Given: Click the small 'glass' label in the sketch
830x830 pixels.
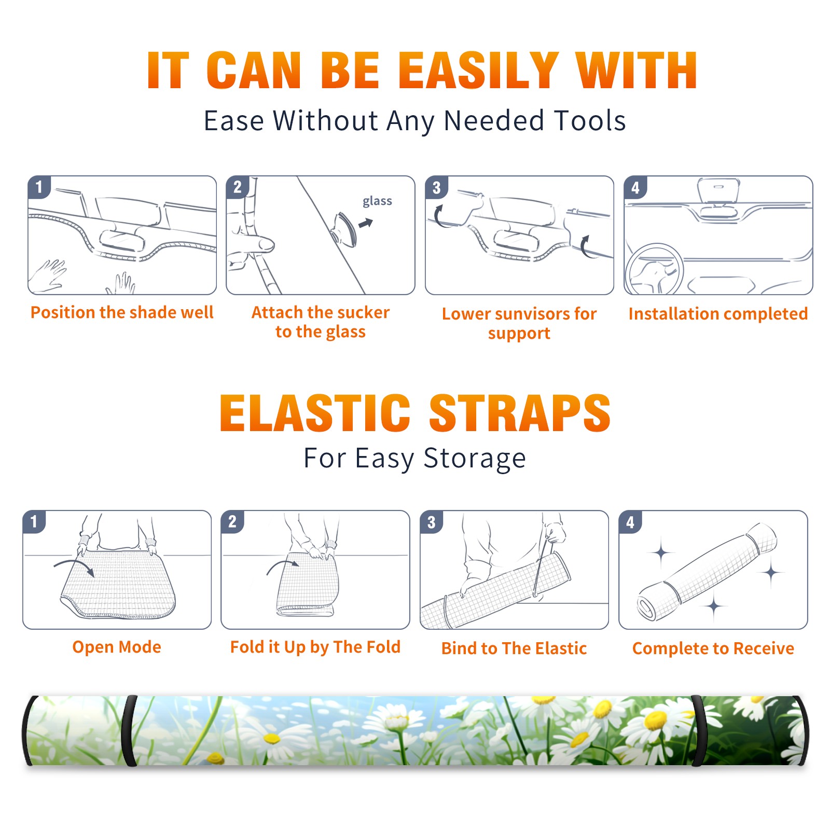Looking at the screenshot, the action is pos(377,201).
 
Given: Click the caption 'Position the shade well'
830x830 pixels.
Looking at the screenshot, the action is pos(122,312).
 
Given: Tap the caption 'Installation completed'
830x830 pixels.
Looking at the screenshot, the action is pos(718,314).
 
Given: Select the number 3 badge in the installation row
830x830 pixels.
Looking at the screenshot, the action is pos(436,188).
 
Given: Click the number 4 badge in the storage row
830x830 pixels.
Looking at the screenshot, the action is pos(630,522).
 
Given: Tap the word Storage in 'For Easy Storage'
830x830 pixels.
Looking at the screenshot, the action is pos(475,459).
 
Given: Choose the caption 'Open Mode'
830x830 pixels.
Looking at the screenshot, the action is pos(117,647).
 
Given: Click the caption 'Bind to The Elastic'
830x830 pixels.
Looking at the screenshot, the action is pos(514,648).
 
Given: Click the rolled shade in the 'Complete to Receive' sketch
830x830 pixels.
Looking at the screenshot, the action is pos(707,572).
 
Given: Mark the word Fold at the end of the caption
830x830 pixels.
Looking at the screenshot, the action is pos(383,647).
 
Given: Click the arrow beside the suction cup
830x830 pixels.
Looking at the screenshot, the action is pos(366,223).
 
